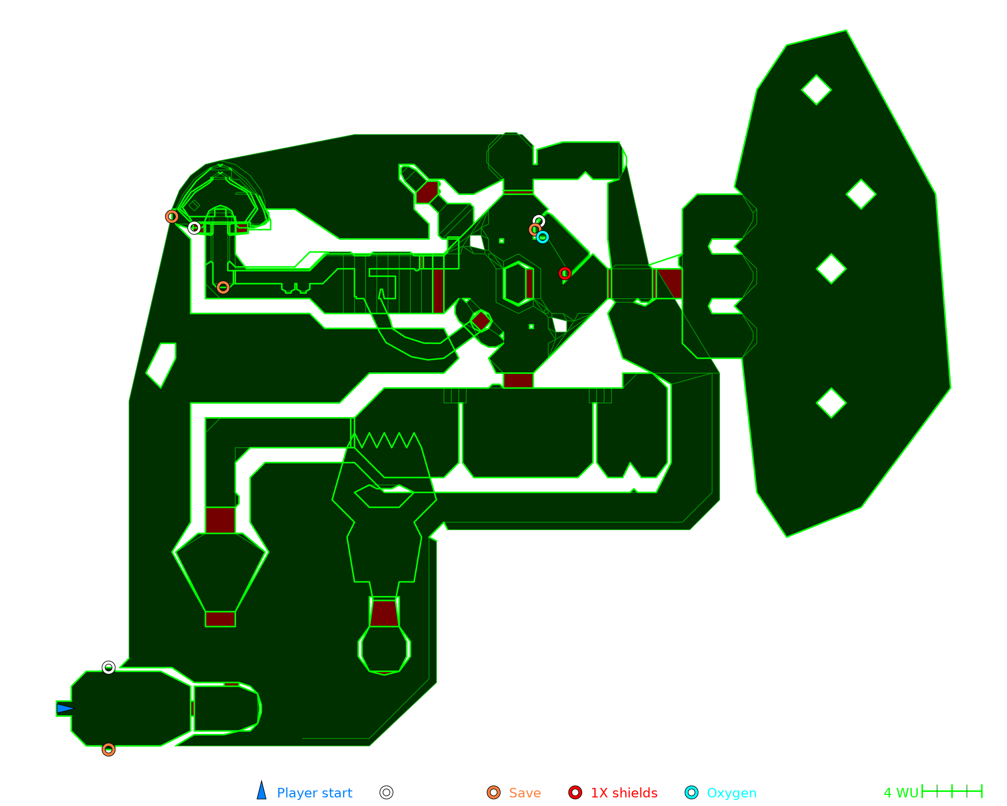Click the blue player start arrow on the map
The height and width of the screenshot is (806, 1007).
pos(64,709)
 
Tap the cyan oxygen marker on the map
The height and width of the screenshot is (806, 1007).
pos(542,237)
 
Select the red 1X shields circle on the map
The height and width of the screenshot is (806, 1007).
pos(565,273)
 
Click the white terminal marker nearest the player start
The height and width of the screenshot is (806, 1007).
pos(108,667)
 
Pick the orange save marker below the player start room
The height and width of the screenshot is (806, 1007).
pos(108,750)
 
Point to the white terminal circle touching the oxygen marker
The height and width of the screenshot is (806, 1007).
pos(539,221)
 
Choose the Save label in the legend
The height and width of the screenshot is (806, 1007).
pos(525,793)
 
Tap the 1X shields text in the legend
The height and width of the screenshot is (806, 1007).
pos(624,793)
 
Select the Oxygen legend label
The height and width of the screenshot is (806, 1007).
pos(731,793)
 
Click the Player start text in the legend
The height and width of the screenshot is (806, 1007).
pos(314,793)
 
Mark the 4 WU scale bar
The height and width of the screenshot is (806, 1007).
pos(952,791)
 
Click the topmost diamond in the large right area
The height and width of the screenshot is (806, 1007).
pos(816,90)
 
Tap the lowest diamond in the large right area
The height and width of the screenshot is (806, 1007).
pos(831,403)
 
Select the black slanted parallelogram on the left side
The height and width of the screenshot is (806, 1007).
pos(161,365)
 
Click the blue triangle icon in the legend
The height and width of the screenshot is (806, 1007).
pos(261,791)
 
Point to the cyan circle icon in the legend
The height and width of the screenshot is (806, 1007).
pos(692,792)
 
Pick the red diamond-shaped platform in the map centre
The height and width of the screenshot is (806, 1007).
pos(481,321)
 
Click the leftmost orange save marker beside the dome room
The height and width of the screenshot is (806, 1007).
pos(172,217)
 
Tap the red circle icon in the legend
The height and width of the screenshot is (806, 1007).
pos(575,792)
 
